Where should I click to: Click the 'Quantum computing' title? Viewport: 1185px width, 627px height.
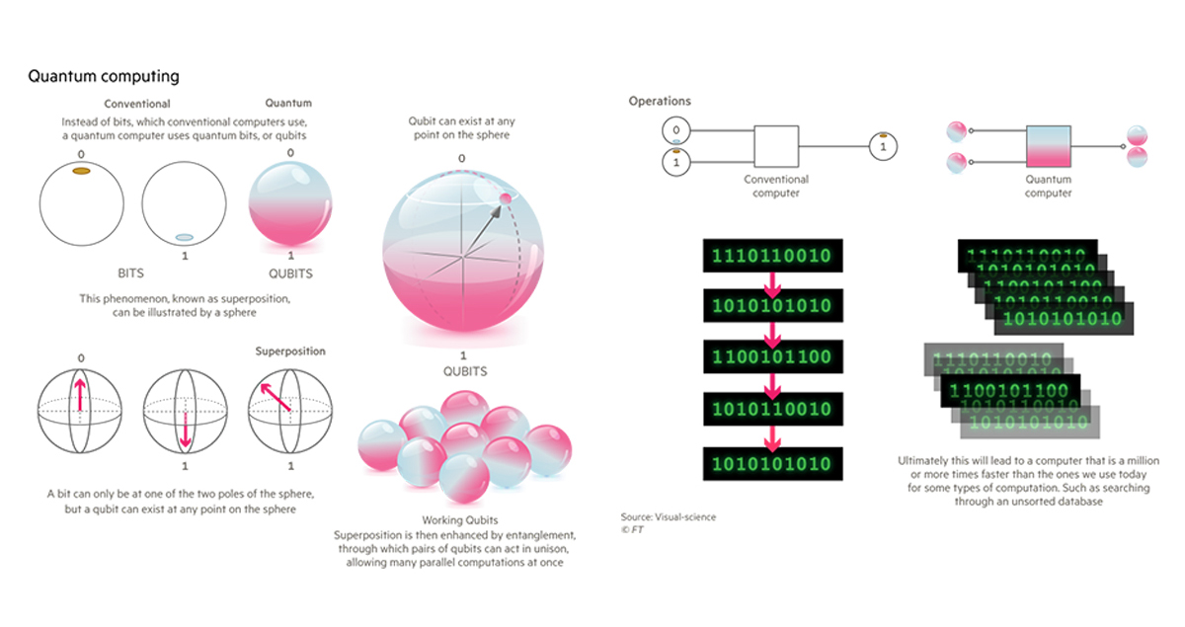click(x=104, y=76)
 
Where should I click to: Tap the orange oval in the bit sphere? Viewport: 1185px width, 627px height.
click(x=82, y=171)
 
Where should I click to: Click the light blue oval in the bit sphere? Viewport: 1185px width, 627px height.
click(x=184, y=238)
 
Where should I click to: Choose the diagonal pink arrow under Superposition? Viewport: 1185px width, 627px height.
click(x=276, y=397)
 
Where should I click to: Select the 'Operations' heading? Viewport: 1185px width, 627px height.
click(x=660, y=101)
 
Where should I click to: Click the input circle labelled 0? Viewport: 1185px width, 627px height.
click(x=675, y=129)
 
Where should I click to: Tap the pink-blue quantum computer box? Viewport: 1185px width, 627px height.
click(x=1048, y=147)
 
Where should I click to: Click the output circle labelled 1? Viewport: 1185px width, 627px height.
click(x=883, y=147)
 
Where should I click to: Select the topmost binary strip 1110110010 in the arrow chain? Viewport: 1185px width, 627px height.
click(x=771, y=254)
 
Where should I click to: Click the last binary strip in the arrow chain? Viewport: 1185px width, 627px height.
click(x=771, y=464)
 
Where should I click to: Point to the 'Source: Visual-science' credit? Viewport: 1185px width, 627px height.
click(x=669, y=516)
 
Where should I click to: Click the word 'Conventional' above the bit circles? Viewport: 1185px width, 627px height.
click(x=138, y=104)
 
